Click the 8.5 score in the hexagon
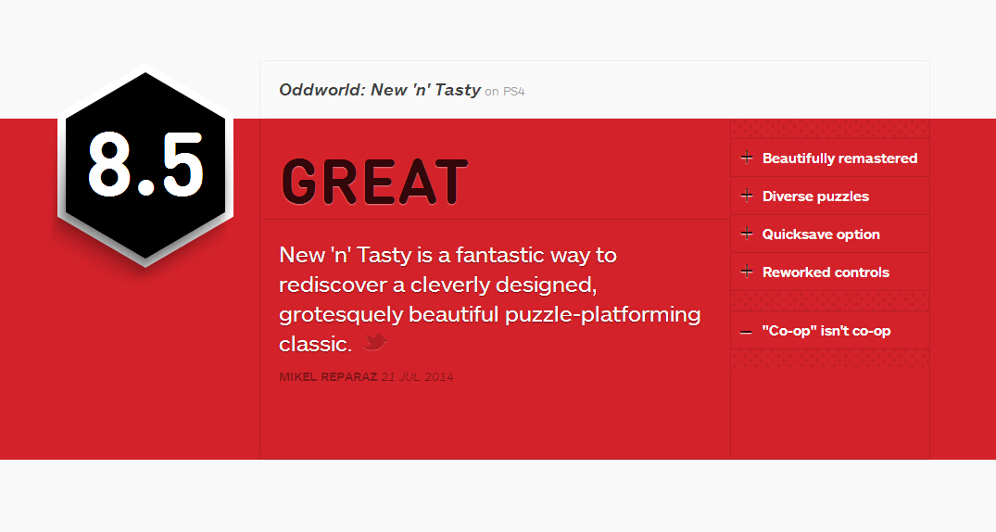pyautogui.click(x=145, y=165)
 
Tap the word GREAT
pyautogui.click(x=374, y=183)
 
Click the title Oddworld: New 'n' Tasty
pyautogui.click(x=380, y=90)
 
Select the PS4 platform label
pyautogui.click(x=514, y=92)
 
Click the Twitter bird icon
pyautogui.click(x=374, y=341)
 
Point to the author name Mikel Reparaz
pyautogui.click(x=328, y=377)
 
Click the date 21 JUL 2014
pyautogui.click(x=417, y=377)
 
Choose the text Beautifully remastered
pyautogui.click(x=839, y=158)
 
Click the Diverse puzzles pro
pyautogui.click(x=815, y=196)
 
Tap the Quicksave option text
pyautogui.click(x=821, y=234)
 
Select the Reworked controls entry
pyautogui.click(x=826, y=272)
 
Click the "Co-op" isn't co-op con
pyautogui.click(x=826, y=331)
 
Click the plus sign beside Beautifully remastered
pyautogui.click(x=747, y=158)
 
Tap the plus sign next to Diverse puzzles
pyautogui.click(x=747, y=196)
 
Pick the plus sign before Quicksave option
pyautogui.click(x=747, y=234)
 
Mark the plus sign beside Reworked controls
pyautogui.click(x=747, y=272)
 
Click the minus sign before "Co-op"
pyautogui.click(x=747, y=332)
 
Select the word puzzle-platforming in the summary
pyautogui.click(x=603, y=315)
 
